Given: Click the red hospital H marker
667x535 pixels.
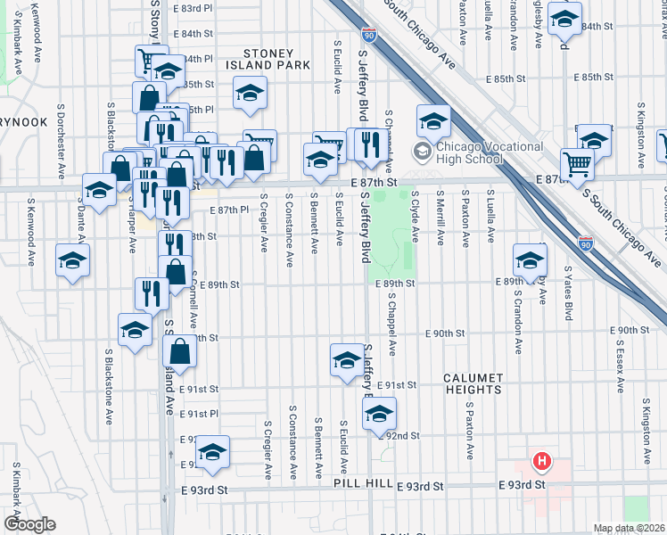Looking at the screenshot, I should tap(540, 462).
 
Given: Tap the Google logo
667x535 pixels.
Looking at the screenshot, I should tap(29, 524).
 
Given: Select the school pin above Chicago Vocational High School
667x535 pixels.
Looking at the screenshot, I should tap(432, 120).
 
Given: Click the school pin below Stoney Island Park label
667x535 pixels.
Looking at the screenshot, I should tap(251, 92).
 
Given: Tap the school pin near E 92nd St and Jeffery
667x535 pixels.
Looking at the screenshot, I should tap(379, 413).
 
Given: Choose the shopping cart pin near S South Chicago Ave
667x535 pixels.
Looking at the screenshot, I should tap(578, 164).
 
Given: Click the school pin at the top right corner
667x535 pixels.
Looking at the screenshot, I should tap(564, 17).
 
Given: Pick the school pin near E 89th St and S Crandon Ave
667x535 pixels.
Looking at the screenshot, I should tap(530, 260).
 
